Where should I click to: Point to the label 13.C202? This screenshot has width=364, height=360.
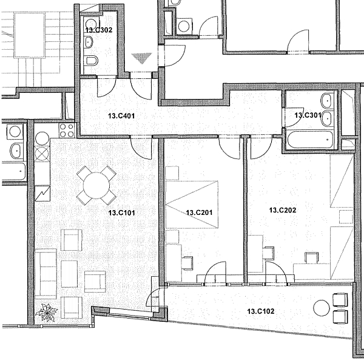pyautogui.click(x=282, y=210)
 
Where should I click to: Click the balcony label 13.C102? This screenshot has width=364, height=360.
pyautogui.click(x=260, y=311)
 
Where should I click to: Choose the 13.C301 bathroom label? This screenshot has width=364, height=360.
pyautogui.click(x=307, y=115)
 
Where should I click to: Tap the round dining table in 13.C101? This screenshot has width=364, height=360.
pyautogui.click(x=96, y=185)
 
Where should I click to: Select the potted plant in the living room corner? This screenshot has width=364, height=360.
pyautogui.click(x=47, y=313)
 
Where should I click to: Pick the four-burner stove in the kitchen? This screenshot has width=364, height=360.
pyautogui.click(x=66, y=130)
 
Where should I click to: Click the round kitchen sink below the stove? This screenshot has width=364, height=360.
pyautogui.click(x=42, y=138)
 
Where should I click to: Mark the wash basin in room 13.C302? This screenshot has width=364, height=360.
pyautogui.click(x=89, y=41)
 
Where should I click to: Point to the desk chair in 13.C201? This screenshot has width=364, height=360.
pyautogui.click(x=187, y=262)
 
